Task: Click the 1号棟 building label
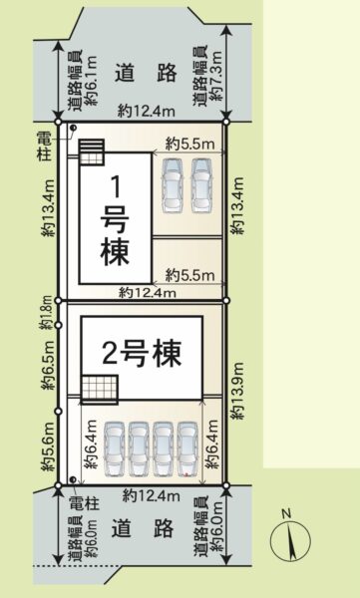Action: click(115, 221)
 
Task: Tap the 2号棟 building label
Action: click(142, 355)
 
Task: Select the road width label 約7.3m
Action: click(207, 75)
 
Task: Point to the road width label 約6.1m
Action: click(82, 80)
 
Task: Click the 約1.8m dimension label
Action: click(46, 313)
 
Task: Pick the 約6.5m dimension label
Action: click(49, 367)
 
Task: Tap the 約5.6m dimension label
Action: click(49, 447)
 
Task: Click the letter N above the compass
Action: click(286, 513)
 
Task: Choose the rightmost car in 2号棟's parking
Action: click(187, 449)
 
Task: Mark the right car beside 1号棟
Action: click(201, 185)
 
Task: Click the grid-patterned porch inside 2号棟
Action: click(100, 389)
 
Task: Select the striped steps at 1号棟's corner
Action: click(91, 147)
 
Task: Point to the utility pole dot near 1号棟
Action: click(73, 128)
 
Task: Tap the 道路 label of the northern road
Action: click(147, 73)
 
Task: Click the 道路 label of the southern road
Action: click(144, 528)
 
